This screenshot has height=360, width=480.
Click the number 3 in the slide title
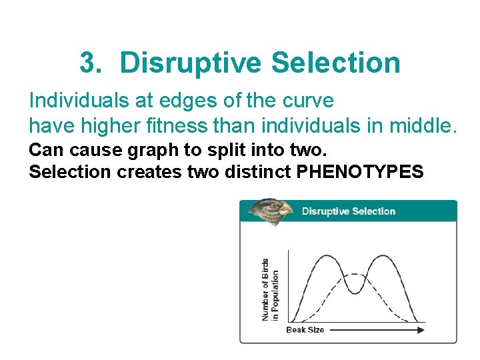(88, 63)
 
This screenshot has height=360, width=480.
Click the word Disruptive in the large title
(190, 63)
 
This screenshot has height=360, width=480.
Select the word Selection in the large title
(336, 63)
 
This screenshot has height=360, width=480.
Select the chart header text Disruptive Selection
(349, 211)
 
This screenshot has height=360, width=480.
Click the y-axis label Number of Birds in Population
(270, 289)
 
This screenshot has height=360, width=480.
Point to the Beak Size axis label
(305, 329)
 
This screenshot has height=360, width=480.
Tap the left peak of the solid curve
(325, 255)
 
